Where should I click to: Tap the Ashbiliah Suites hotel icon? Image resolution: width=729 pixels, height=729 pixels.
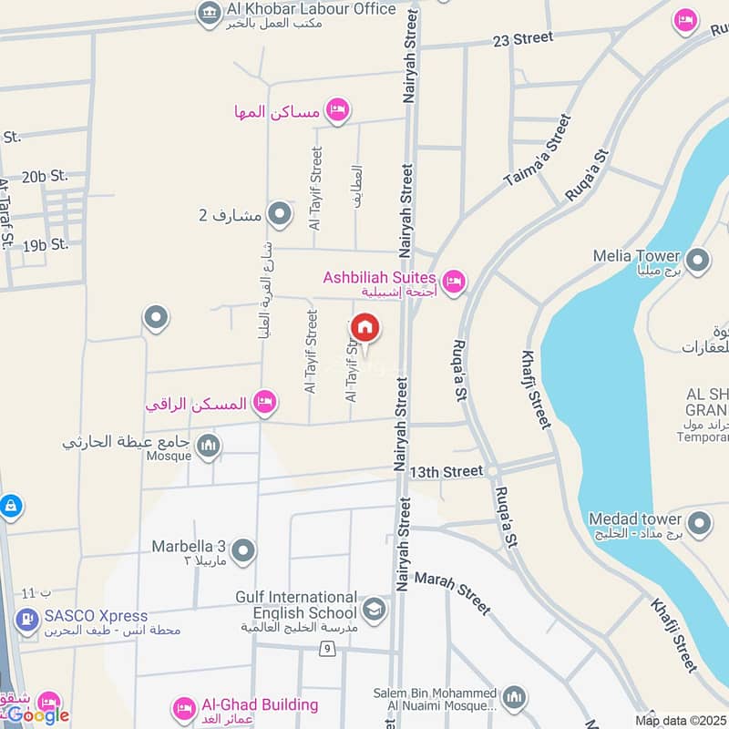[x=454, y=281]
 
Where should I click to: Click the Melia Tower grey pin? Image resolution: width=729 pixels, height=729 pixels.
[x=698, y=262]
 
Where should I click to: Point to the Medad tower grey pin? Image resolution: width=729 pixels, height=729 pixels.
[x=699, y=524]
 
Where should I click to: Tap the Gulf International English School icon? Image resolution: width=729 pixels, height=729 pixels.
[x=374, y=608]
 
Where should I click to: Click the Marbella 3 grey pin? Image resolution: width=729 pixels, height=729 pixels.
[x=242, y=550]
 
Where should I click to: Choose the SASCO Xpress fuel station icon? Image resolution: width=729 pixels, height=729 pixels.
[x=26, y=621]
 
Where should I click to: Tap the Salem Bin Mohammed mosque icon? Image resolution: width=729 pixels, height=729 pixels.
[x=514, y=697]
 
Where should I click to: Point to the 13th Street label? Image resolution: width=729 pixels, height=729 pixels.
[x=446, y=471]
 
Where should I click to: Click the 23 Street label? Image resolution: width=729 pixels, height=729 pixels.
[x=522, y=38]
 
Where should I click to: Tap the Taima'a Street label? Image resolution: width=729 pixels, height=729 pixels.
[x=538, y=151]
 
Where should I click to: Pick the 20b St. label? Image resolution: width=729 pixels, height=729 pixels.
[x=46, y=176]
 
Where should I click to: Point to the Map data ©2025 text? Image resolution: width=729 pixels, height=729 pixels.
[x=679, y=721]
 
